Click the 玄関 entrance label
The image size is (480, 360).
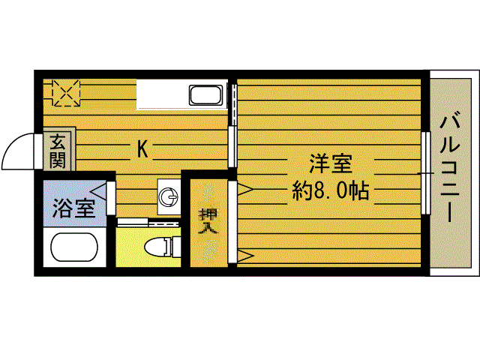[58, 150]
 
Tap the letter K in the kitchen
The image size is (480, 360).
[142, 149]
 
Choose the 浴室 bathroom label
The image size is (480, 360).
[73, 208]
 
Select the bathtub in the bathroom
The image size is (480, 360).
[73, 248]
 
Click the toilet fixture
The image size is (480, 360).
[159, 247]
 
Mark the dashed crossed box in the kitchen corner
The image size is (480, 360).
[65, 93]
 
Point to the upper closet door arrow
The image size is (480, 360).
[244, 190]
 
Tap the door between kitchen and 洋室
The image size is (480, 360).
[232, 124]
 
